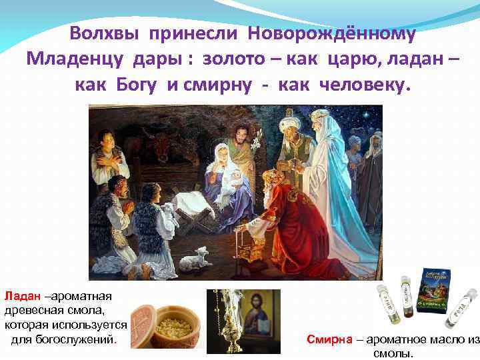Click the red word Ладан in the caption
(22, 295)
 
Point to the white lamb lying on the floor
(195, 257)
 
